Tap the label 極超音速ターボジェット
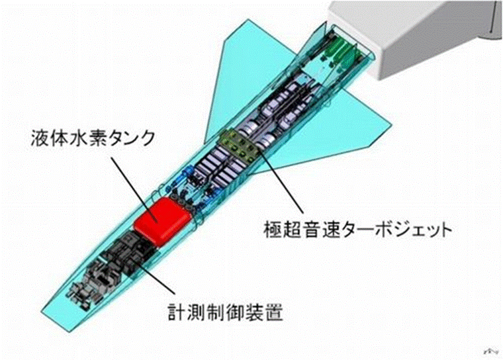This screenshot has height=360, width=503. [356, 231]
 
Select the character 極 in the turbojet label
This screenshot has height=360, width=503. [271, 231]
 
